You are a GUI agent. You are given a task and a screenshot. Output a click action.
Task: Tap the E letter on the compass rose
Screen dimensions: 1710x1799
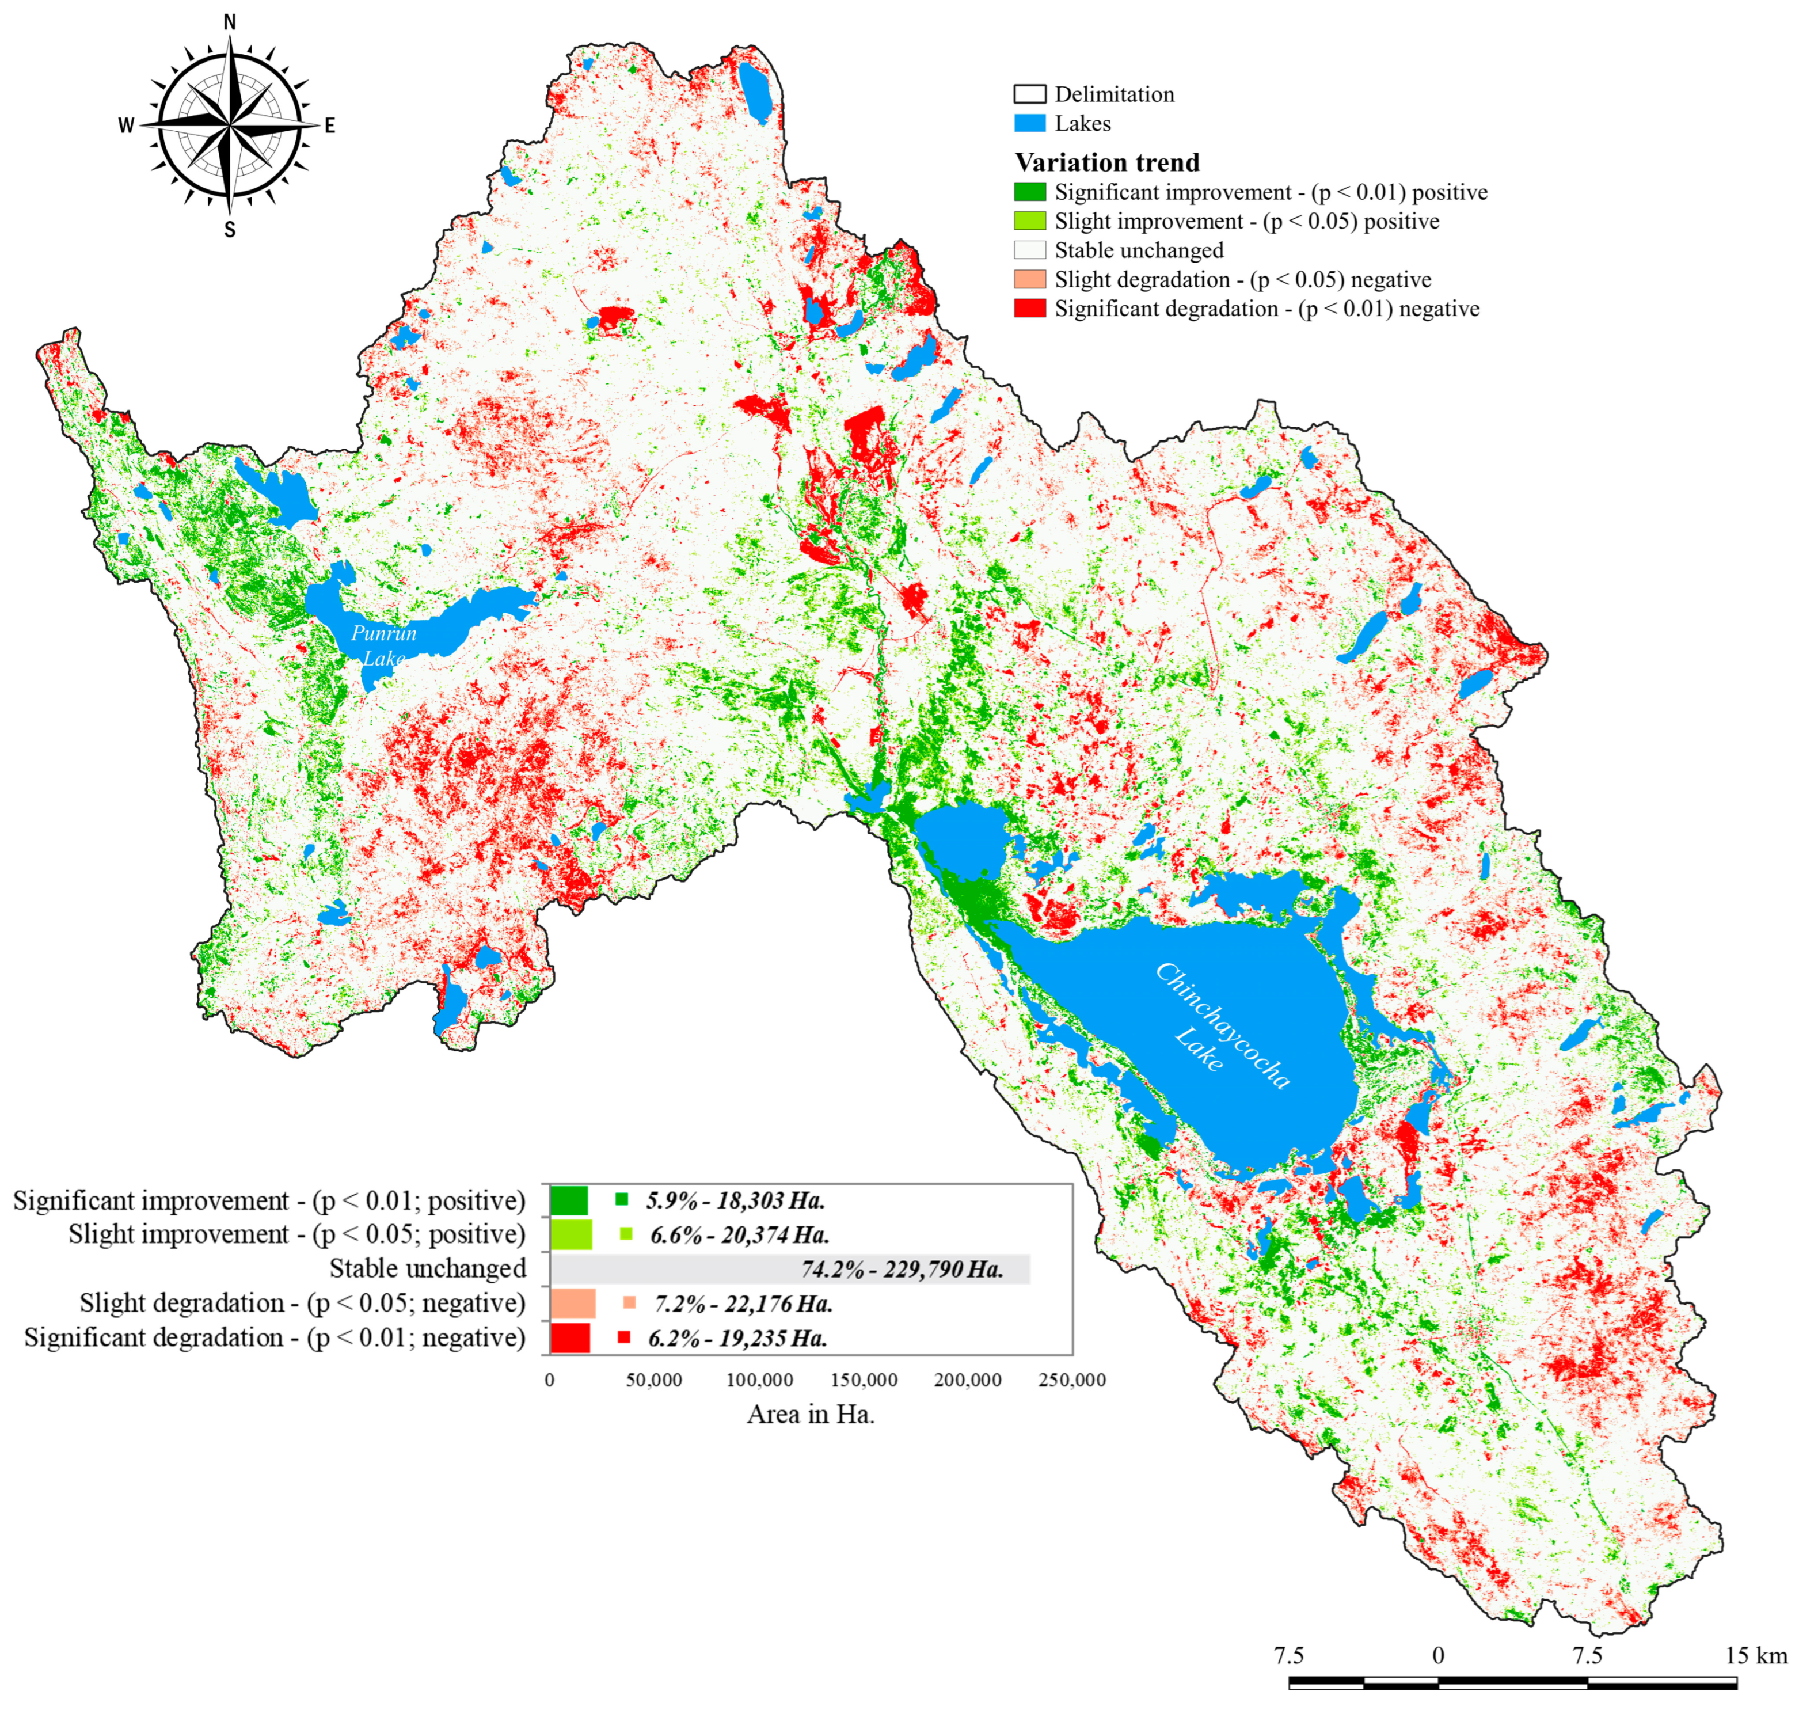(330, 126)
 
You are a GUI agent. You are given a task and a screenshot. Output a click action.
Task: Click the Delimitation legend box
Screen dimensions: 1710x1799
(1029, 94)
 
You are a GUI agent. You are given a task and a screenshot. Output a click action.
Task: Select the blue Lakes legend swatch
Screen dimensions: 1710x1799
(1029, 123)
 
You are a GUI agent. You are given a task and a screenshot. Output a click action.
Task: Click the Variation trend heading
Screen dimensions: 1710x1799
(1106, 162)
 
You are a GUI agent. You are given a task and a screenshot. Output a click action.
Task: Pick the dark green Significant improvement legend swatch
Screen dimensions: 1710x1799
(1029, 192)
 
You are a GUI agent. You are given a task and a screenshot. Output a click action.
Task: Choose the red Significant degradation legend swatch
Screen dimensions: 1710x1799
(1029, 308)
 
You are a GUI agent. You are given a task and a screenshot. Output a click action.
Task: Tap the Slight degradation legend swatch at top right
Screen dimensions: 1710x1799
(1029, 279)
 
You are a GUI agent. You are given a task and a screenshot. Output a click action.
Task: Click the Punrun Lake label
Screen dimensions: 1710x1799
(383, 644)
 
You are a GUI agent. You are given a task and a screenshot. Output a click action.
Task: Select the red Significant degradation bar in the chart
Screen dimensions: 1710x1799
(569, 1338)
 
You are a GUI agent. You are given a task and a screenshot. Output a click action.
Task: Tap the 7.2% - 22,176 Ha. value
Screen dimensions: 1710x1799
(743, 1304)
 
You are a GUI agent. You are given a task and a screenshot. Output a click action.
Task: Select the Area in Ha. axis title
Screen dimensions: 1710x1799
(810, 1413)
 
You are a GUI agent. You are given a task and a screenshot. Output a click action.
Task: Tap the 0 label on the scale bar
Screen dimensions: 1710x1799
(1438, 1655)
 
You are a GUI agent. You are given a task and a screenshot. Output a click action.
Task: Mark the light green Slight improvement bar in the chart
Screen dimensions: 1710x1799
(570, 1234)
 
